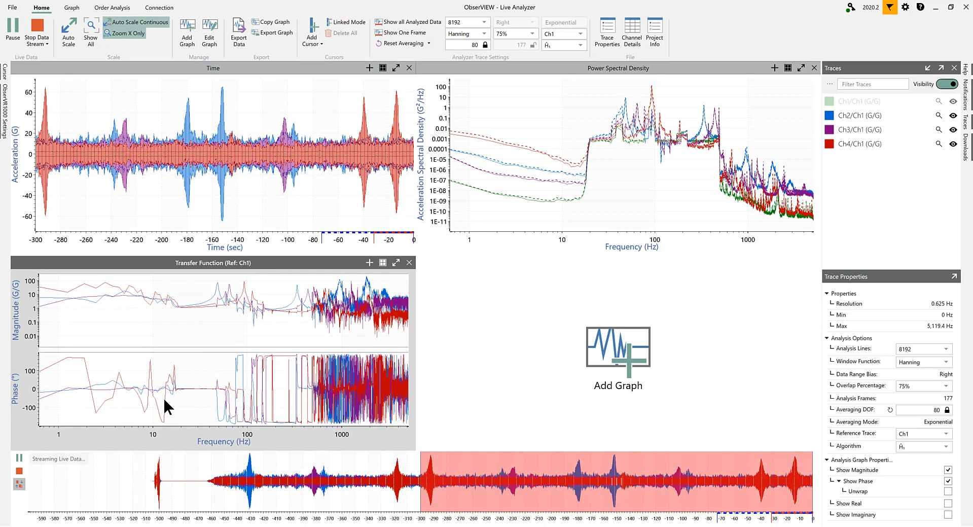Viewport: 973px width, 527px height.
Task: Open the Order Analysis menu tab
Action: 112,8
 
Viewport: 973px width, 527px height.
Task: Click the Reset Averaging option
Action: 403,44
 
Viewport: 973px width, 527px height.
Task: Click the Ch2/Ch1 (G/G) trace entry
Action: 859,116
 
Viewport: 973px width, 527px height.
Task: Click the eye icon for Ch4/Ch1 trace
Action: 953,144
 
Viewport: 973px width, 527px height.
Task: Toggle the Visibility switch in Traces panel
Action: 947,84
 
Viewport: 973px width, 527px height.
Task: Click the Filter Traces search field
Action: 872,84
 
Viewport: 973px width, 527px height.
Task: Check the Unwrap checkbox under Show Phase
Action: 948,491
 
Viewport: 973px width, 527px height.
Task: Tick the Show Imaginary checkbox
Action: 948,515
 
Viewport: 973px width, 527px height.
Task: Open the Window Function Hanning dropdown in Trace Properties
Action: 924,362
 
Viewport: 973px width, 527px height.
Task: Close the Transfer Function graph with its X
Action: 409,263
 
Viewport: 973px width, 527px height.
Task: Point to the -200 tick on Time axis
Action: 162,240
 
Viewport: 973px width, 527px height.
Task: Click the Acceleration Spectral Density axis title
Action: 420,154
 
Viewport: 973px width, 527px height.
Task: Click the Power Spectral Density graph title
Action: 618,68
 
